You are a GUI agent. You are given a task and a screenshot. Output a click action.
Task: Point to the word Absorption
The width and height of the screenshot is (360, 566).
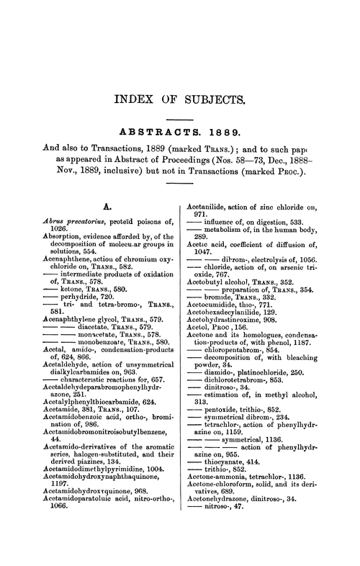pyautogui.click(x=42, y=237)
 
